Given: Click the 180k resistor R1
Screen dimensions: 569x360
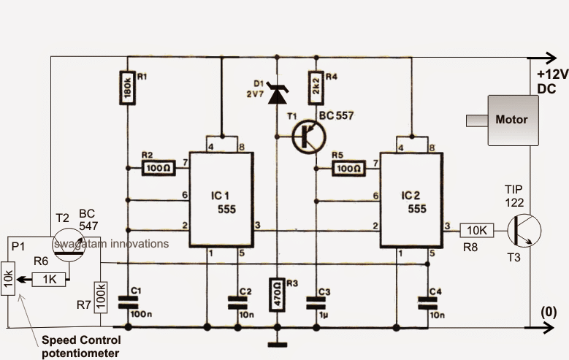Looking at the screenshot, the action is point(127,88).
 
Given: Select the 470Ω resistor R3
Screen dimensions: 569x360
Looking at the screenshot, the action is point(278,295).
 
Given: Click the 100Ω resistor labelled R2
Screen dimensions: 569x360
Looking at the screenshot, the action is point(159,169).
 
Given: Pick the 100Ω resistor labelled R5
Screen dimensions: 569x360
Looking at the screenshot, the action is point(348,169).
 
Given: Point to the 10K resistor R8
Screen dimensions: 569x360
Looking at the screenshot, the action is point(477,231).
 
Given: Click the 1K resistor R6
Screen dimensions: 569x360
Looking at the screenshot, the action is point(50,280).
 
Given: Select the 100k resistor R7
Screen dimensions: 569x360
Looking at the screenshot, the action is point(101,297).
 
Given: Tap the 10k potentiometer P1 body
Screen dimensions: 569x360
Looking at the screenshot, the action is point(8,279).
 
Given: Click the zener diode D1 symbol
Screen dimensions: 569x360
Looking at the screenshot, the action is point(278,93).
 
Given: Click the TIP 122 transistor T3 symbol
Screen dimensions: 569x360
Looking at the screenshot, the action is point(524,231).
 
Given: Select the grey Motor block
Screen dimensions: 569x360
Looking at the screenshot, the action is point(513,120).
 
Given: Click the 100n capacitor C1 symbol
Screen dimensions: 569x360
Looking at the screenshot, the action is point(128,302).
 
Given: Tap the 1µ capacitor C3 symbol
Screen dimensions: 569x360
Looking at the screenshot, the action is point(316,303).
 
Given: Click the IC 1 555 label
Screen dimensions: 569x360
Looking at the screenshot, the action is point(224,202).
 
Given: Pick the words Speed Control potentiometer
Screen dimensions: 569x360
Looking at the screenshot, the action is point(81,347).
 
